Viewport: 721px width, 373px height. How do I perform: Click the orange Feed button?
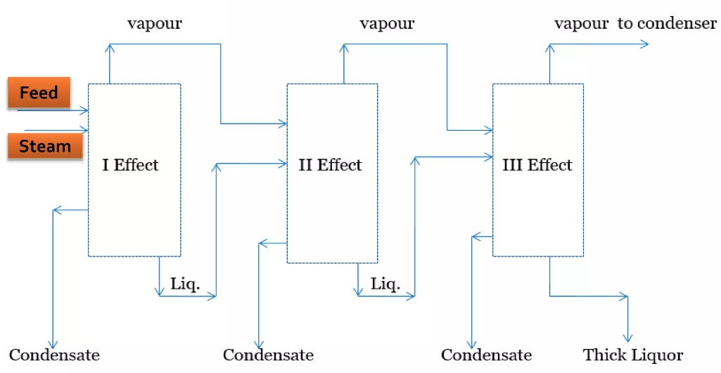pos(39,93)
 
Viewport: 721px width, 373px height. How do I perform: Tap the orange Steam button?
pos(45,146)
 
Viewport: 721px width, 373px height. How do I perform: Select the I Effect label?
pos(131,165)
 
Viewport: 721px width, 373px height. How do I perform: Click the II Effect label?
pos(331,165)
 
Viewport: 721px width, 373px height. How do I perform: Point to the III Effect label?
pos(537,165)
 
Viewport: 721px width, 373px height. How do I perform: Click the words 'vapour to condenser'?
pos(635,23)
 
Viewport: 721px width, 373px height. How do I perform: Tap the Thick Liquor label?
pos(632,355)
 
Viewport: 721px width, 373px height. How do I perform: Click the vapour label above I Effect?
pos(155,23)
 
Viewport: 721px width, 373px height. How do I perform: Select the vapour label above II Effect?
pos(387,23)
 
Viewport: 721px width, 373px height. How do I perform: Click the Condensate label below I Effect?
pos(54,355)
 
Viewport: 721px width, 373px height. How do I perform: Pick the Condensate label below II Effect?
pos(268,355)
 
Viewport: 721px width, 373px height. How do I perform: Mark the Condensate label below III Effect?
pos(486,355)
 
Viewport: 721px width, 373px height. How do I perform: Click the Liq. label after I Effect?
pos(185,284)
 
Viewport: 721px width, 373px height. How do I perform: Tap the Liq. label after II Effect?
pos(385,284)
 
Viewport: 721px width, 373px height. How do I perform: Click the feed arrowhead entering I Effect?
pos(84,110)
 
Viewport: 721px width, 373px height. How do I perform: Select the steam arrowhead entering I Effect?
pos(84,129)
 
